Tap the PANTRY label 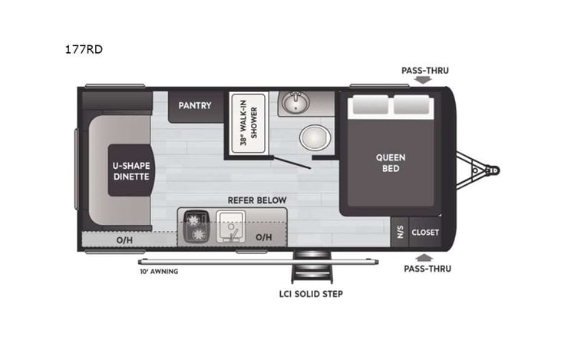[x=195, y=105]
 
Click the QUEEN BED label [x=391, y=163]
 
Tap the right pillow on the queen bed [x=415, y=107]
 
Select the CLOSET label [x=425, y=232]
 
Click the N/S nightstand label [x=400, y=232]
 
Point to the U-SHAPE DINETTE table [x=130, y=170]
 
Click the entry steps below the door [x=311, y=269]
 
